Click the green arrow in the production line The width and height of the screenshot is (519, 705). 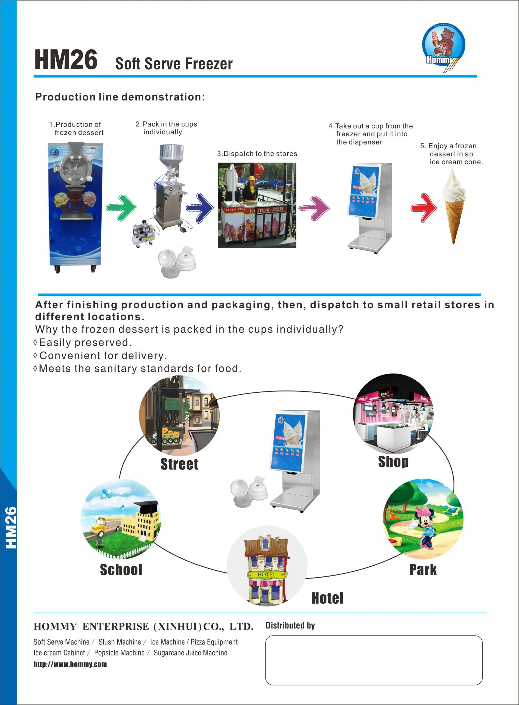[122, 208]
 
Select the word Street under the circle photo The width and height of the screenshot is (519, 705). [179, 464]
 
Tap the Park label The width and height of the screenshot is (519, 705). [423, 569]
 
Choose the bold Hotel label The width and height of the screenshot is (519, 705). [327, 598]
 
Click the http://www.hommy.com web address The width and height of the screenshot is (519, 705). [70, 664]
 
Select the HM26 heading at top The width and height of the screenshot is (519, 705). [66, 60]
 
